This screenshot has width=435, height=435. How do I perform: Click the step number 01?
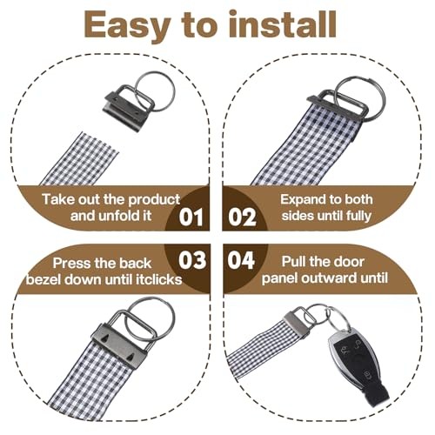191,217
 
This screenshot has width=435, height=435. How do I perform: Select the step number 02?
242,217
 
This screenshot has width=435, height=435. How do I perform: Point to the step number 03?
192,260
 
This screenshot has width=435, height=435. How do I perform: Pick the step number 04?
241,260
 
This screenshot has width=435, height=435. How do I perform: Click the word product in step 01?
154,200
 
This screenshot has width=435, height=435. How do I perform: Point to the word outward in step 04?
330,278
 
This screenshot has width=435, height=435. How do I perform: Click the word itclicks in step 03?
158,280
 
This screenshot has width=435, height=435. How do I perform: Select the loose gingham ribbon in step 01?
80,159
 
